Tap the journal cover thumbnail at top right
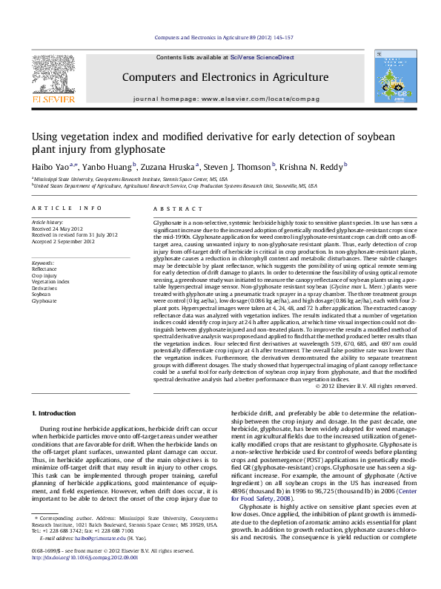click(x=390, y=77)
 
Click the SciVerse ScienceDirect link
click(x=262, y=57)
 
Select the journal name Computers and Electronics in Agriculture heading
click(x=225, y=77)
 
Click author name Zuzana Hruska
click(x=167, y=167)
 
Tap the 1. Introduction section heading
click(x=59, y=412)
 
